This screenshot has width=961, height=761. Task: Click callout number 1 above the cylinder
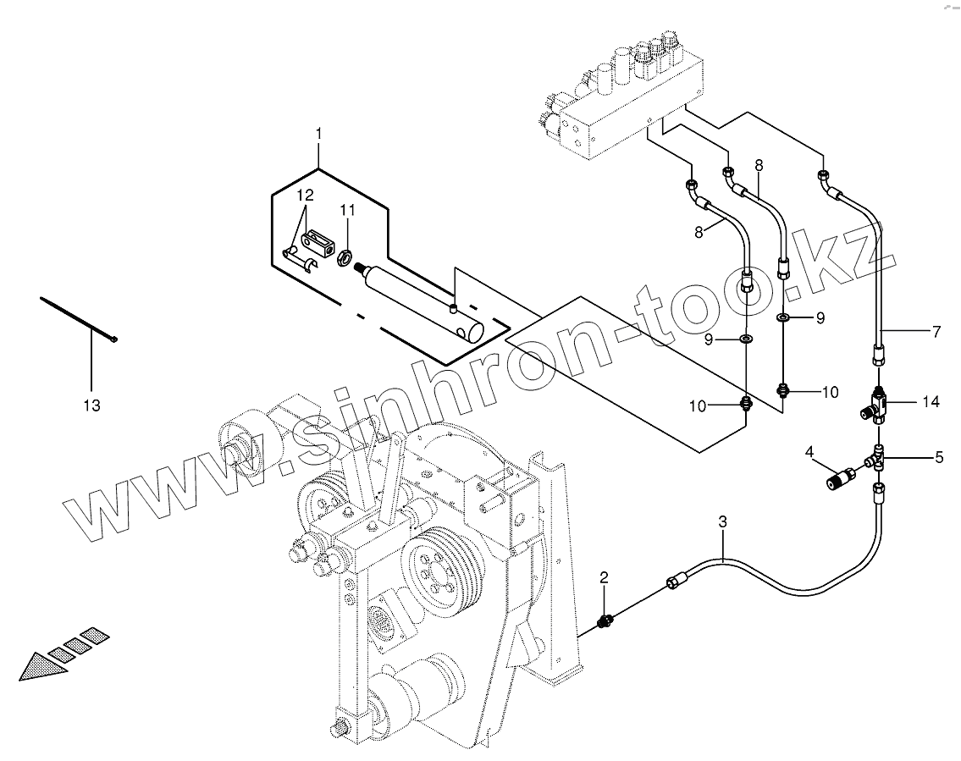318,134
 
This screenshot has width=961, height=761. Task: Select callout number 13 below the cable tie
91,405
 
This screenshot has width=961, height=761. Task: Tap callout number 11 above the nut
347,209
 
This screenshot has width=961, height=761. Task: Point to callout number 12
304,195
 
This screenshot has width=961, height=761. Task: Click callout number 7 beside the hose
936,333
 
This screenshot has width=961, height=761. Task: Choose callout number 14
931,402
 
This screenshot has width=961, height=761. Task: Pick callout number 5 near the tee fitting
939,458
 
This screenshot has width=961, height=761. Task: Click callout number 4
809,453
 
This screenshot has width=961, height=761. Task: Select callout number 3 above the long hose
722,523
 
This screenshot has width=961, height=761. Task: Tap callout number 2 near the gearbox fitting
604,577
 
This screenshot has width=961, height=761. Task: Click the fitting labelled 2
605,622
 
